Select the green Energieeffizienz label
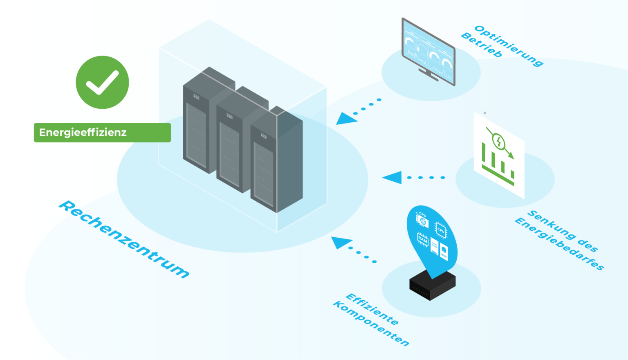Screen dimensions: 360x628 tap(102, 133)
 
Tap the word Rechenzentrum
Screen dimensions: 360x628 tap(124, 239)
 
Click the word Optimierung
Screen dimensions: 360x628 tap(509, 45)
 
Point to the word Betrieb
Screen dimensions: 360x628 tap(481, 45)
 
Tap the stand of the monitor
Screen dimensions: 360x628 tap(428, 75)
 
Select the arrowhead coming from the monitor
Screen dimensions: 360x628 tap(346, 119)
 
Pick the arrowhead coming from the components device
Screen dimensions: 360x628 tap(341, 242)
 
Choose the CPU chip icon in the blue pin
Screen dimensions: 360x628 tap(440, 230)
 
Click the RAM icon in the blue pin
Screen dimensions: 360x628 tap(422, 240)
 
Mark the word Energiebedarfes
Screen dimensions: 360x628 tap(559, 244)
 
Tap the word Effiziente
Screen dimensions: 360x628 tap(372, 309)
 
